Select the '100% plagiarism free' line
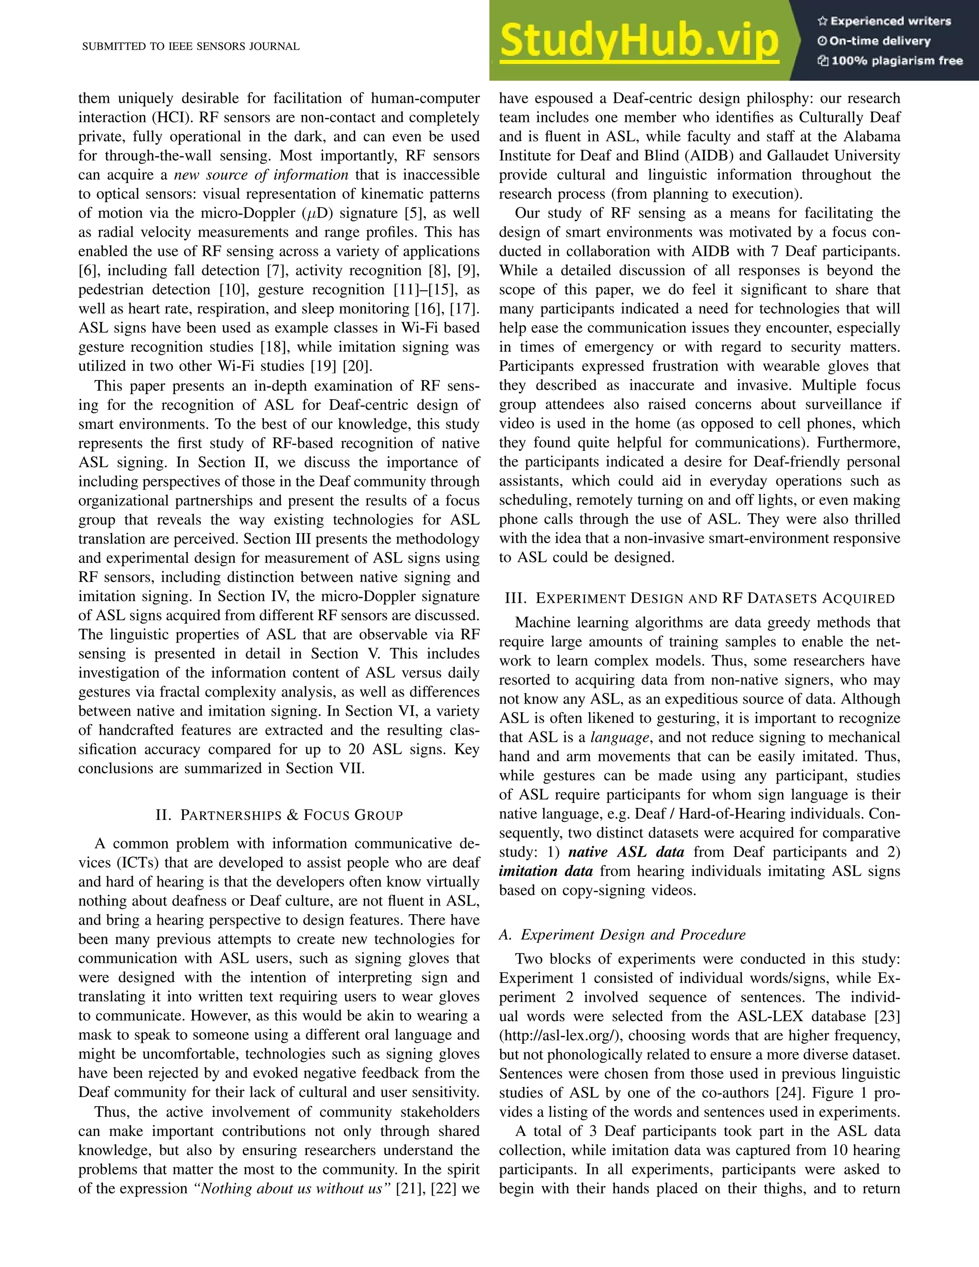tap(897, 61)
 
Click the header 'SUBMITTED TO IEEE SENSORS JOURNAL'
tap(191, 47)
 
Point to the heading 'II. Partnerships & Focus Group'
tap(279, 815)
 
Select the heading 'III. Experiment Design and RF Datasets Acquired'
tap(699, 598)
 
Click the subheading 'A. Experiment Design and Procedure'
tap(622, 935)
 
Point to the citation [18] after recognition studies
tap(272, 348)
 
